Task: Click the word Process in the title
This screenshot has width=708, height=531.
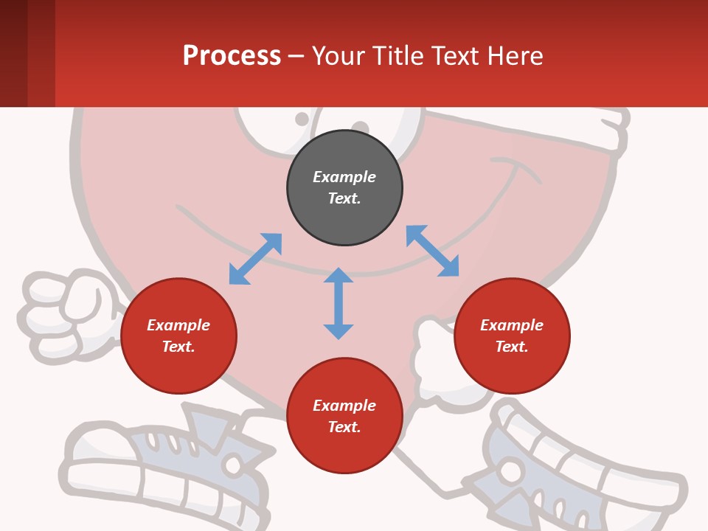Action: (232, 55)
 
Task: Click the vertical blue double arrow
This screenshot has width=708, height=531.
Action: (339, 303)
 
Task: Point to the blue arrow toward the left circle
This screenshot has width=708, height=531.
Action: (255, 259)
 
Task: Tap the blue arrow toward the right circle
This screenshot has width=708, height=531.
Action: (432, 251)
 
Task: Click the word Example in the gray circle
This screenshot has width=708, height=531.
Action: (344, 177)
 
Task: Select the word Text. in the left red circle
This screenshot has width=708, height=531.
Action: (178, 347)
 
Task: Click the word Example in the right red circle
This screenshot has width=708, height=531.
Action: (512, 325)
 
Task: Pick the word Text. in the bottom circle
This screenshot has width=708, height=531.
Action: (344, 427)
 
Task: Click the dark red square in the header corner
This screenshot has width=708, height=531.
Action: (13, 53)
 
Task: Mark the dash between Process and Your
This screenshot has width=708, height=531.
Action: (296, 56)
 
